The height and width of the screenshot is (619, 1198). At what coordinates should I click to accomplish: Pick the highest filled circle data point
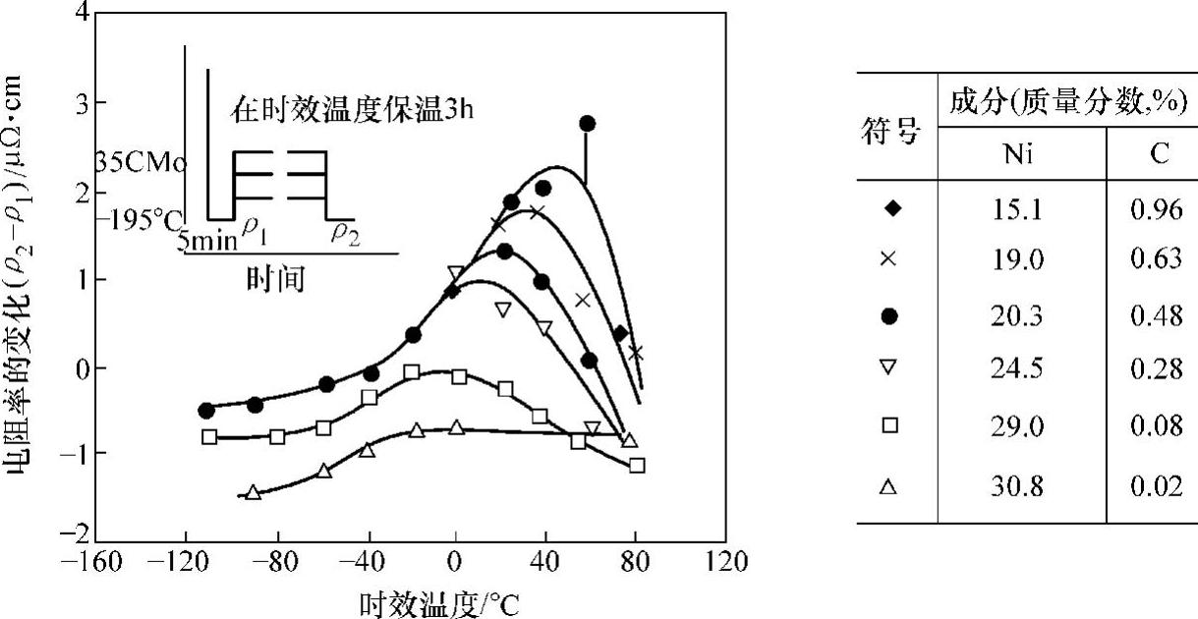pyautogui.click(x=588, y=123)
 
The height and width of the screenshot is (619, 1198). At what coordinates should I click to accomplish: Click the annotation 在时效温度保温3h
pyautogui.click(x=353, y=109)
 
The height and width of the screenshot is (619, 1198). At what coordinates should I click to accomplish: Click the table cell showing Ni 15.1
pyautogui.click(x=1021, y=208)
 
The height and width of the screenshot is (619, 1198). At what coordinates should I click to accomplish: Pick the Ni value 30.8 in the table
pyautogui.click(x=1021, y=486)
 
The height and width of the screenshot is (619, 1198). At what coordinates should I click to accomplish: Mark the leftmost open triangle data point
pyautogui.click(x=254, y=492)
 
